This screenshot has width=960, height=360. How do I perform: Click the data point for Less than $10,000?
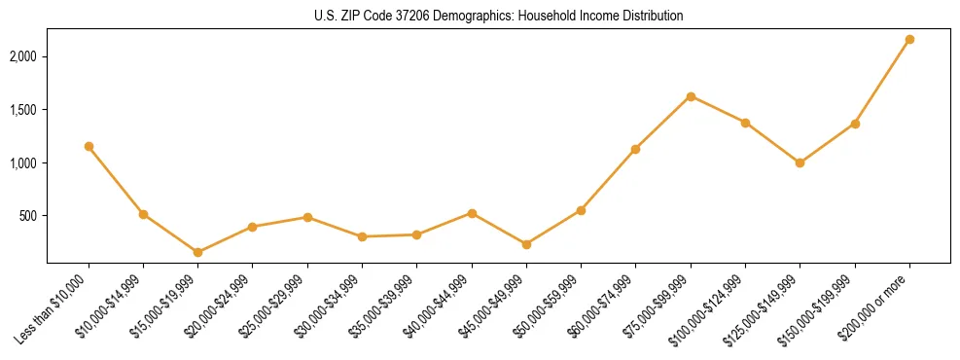[x=89, y=146]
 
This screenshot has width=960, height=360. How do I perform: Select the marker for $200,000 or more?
[x=909, y=39]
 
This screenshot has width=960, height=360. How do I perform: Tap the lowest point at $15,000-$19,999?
[x=197, y=252]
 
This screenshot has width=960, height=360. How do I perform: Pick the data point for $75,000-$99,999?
[x=691, y=96]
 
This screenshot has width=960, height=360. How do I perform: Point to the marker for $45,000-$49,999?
[x=526, y=244]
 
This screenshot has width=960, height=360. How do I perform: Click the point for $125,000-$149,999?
[x=800, y=162]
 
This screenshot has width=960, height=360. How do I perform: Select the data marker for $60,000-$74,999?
[x=635, y=149]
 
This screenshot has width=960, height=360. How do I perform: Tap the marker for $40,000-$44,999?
[x=472, y=213]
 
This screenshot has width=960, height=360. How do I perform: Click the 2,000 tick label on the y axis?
[x=22, y=57]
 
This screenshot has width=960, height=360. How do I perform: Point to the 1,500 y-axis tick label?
[x=22, y=110]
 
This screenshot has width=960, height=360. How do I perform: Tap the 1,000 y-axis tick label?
[x=22, y=163]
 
